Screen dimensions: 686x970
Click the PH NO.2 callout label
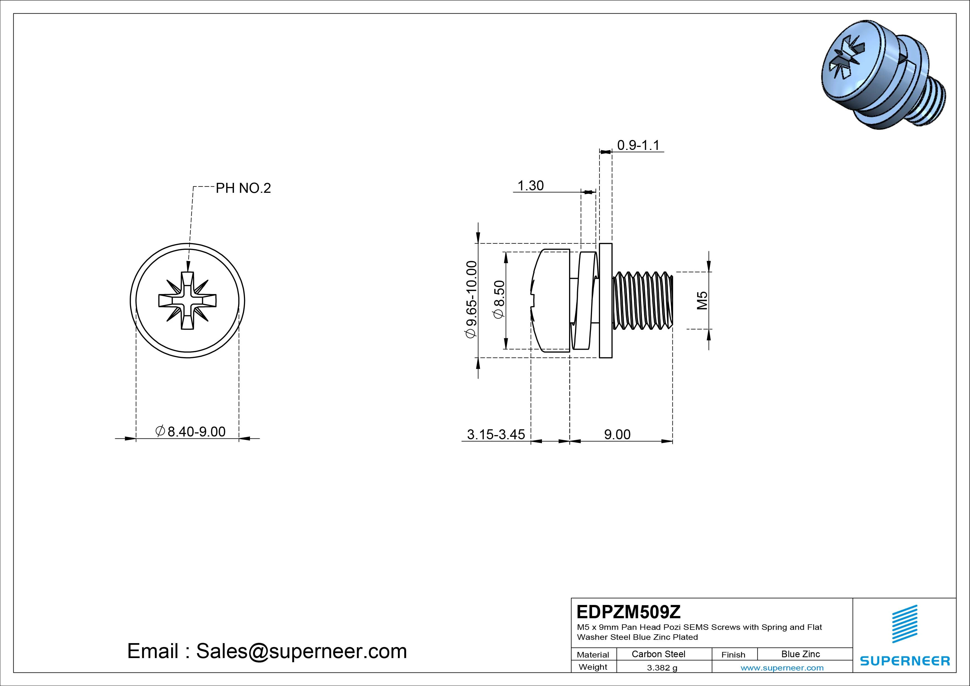point(243,188)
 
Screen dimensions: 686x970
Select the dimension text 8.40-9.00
point(196,432)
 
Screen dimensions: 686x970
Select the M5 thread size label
point(702,300)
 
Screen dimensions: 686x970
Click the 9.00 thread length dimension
point(617,434)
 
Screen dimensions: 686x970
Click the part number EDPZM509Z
point(628,612)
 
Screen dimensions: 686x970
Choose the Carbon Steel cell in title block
point(658,654)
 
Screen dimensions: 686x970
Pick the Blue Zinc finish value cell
point(800,654)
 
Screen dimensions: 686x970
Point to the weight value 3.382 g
point(662,668)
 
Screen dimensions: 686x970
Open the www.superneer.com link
point(782,668)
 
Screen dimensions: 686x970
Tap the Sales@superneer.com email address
point(301,651)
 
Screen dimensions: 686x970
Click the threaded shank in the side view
point(642,300)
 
